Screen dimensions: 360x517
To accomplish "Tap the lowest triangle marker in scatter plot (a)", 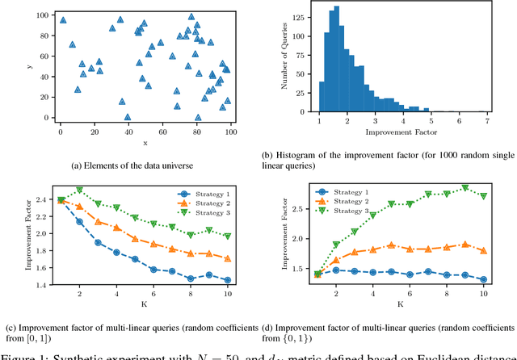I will pyautogui.click(x=128, y=117).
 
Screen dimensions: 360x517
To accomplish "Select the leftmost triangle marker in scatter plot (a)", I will pyautogui.click(x=62, y=17).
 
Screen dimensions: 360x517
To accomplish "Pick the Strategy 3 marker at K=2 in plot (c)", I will pyautogui.click(x=79, y=190).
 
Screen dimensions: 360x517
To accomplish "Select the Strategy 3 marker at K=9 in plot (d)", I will pyautogui.click(x=464, y=188).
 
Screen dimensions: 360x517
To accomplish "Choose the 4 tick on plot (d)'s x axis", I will pyautogui.click(x=372, y=295).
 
